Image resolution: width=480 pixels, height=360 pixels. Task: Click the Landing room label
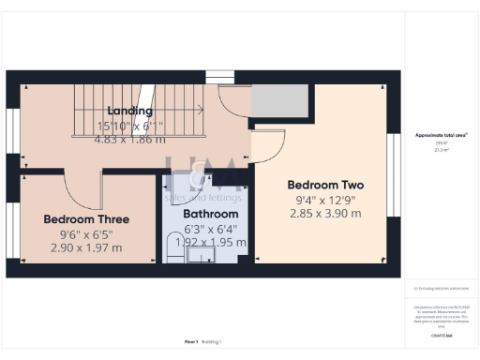click(x=129, y=111)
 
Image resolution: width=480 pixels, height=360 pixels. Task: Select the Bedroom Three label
click(x=85, y=219)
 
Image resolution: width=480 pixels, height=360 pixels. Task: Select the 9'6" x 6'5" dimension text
click(x=85, y=234)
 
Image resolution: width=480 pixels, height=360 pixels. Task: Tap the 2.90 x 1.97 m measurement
click(x=85, y=248)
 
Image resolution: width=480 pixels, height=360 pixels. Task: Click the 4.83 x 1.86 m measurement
click(x=129, y=140)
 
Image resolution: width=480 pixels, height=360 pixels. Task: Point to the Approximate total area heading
click(x=440, y=137)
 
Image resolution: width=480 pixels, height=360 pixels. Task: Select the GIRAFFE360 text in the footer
click(x=441, y=334)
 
